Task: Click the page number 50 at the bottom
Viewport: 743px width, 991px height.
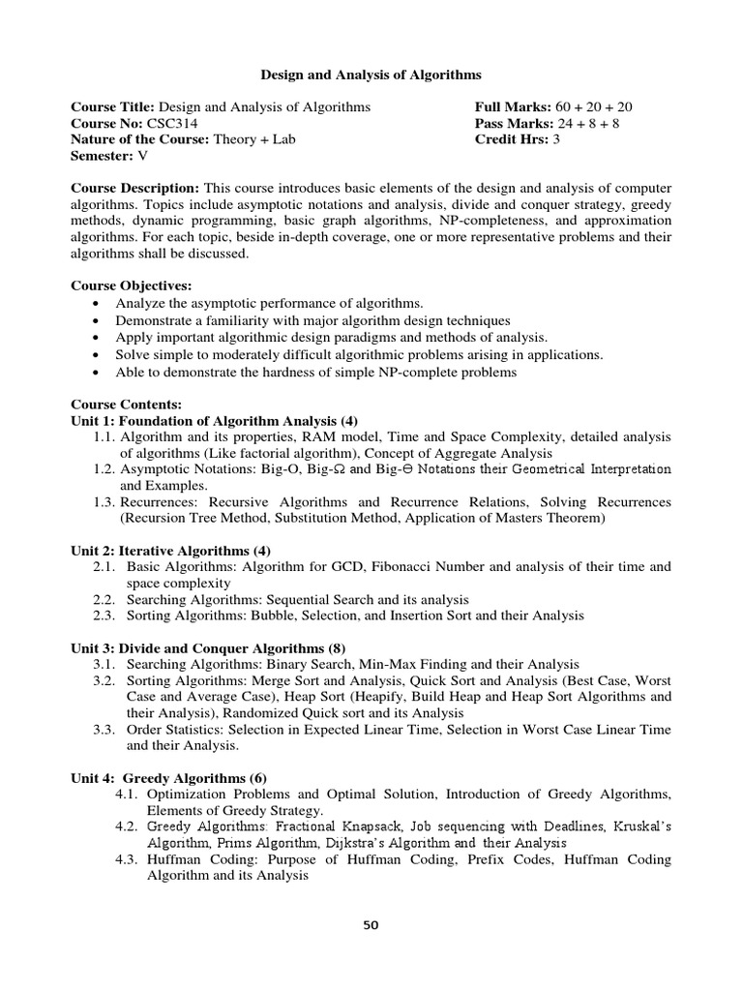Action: (x=371, y=924)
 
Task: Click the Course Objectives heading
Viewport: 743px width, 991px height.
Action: (x=132, y=285)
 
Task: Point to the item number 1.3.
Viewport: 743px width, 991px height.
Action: (x=104, y=502)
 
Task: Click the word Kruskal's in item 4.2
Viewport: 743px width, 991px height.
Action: (x=639, y=826)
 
